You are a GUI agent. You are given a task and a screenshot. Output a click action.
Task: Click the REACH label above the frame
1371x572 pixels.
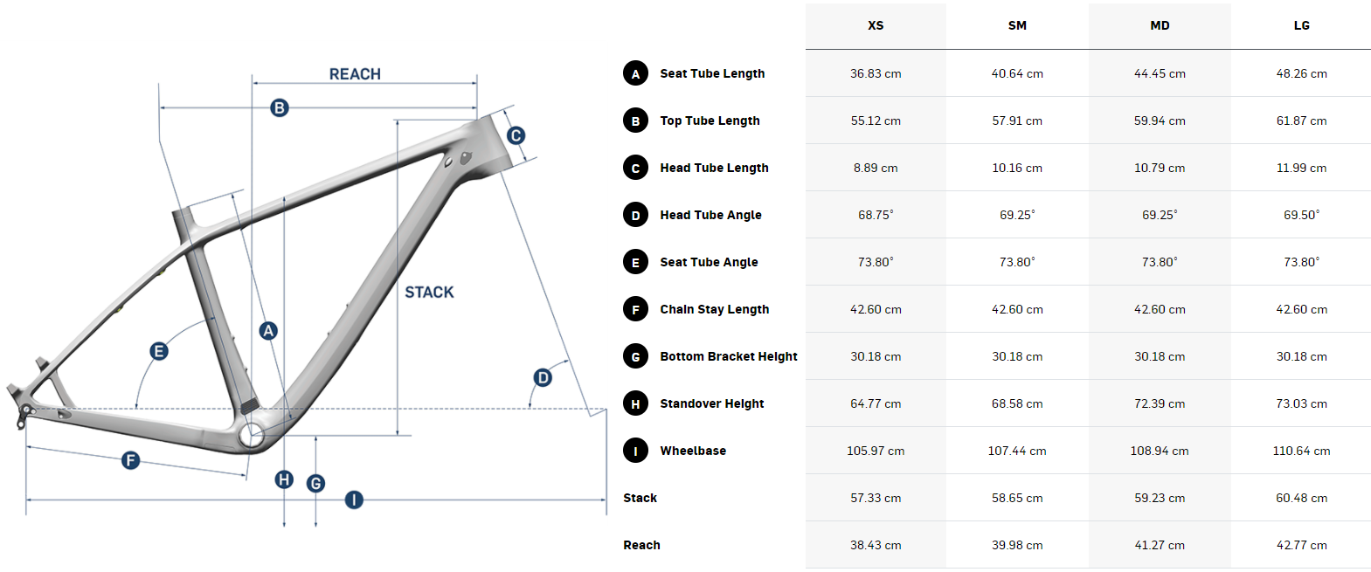355,74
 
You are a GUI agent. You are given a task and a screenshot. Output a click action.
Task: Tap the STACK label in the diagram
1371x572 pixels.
429,293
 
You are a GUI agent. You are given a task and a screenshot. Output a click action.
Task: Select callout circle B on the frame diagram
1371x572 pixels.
280,107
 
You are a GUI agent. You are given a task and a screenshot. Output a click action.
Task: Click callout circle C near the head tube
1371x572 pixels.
516,135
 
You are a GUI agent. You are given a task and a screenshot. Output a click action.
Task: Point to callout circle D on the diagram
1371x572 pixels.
543,377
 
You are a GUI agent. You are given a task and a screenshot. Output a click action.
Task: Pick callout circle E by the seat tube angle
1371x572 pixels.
159,351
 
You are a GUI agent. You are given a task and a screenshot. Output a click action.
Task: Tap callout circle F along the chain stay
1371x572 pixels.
130,459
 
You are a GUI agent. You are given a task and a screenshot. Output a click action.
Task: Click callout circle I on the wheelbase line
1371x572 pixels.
353,500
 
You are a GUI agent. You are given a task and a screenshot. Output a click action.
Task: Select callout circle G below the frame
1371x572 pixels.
315,483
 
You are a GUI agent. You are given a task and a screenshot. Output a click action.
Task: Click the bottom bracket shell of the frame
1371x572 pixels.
252,435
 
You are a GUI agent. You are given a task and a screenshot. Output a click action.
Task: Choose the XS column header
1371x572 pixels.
876,25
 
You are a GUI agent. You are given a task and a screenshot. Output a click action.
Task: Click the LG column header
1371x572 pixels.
1301,25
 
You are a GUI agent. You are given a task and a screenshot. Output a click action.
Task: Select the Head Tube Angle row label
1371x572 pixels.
710,215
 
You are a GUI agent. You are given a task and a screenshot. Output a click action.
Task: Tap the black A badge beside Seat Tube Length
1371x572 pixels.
635,73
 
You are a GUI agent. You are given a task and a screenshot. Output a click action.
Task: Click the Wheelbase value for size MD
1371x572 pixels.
1159,451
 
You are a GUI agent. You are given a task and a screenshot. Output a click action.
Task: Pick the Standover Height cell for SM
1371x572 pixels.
1017,403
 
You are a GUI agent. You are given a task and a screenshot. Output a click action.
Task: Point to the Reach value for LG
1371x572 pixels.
1301,545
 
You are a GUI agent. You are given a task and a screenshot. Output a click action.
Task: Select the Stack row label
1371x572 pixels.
640,498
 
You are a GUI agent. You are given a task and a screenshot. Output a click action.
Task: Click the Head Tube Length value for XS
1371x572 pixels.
876,168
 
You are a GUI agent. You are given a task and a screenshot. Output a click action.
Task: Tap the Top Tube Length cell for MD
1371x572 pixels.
1159,121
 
